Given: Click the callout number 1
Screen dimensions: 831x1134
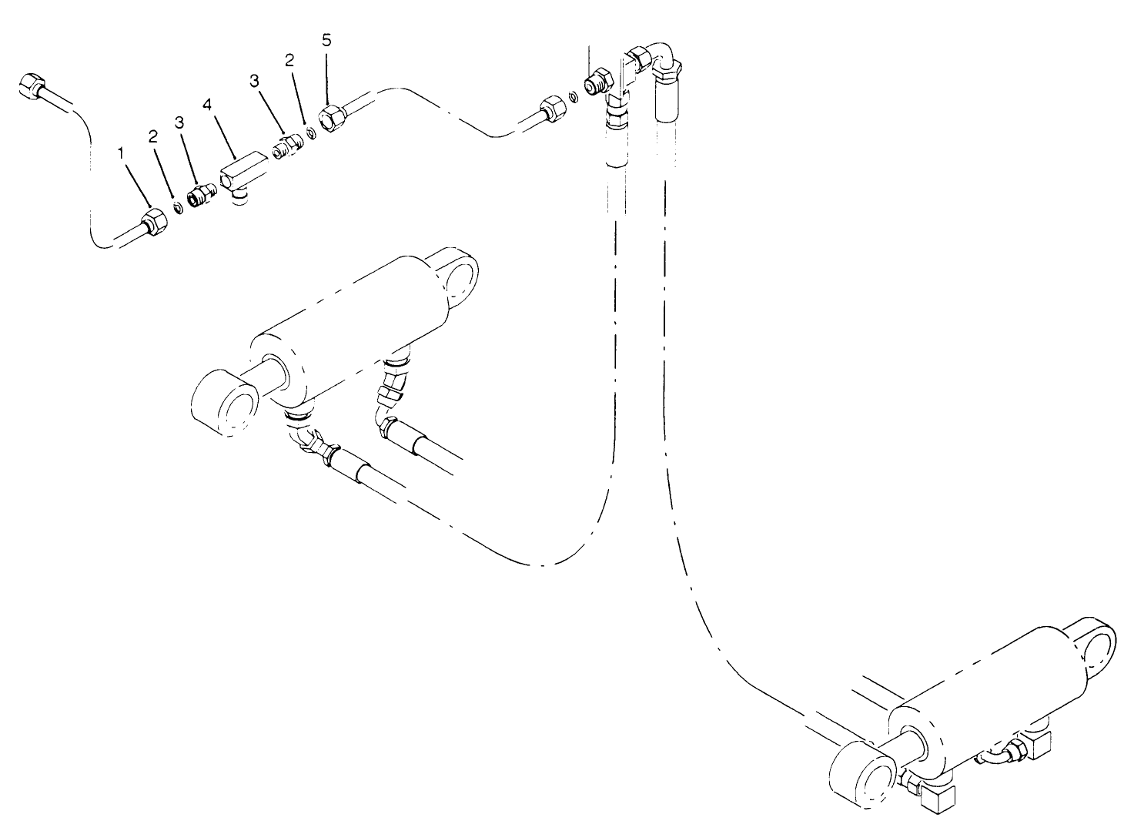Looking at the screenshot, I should pyautogui.click(x=120, y=154).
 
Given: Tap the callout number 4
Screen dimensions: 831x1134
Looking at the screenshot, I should pyautogui.click(x=206, y=104).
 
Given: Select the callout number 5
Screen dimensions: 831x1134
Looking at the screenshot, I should pyautogui.click(x=327, y=40).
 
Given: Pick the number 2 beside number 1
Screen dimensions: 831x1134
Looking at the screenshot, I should pyautogui.click(x=153, y=136).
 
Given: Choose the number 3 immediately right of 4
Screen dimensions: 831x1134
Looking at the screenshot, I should pyautogui.click(x=253, y=80).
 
